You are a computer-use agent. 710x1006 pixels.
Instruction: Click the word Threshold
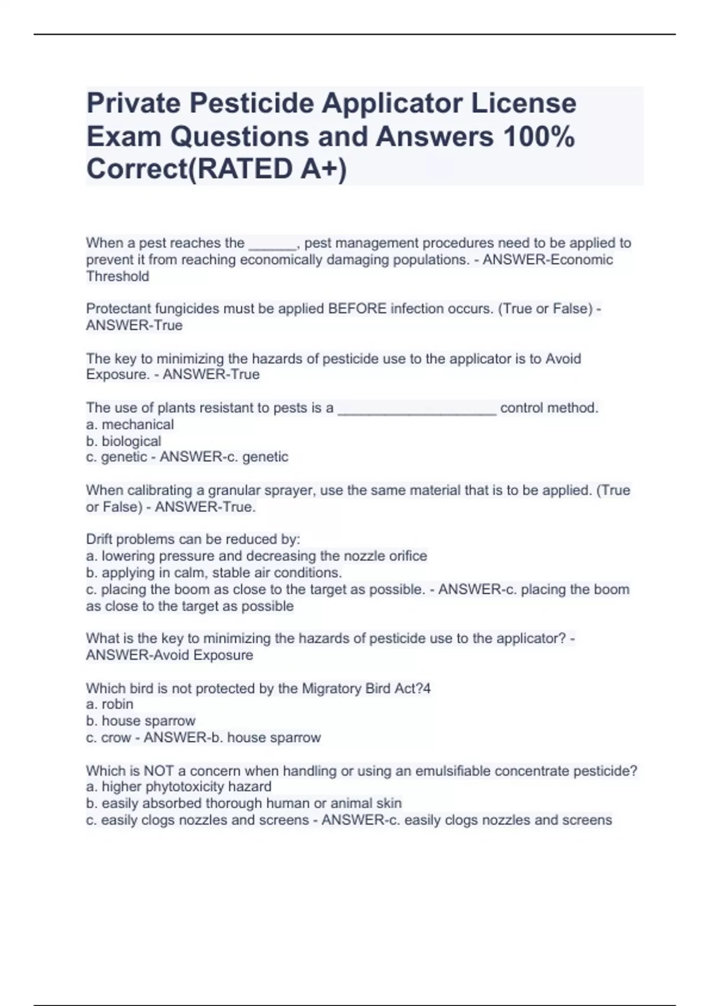(117, 276)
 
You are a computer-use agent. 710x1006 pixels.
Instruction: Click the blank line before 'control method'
(417, 410)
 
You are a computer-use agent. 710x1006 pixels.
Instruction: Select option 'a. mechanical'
(130, 425)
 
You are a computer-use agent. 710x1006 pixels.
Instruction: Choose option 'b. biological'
(123, 441)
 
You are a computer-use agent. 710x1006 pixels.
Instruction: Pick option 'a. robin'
(109, 705)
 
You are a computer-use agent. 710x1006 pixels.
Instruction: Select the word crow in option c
(116, 738)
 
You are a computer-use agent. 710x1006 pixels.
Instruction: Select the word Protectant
(117, 309)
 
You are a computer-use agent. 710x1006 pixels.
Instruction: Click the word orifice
(408, 556)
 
